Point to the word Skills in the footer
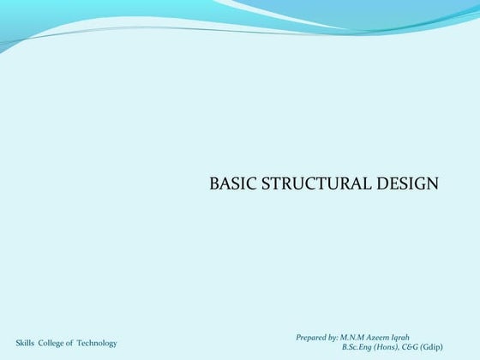click(26, 343)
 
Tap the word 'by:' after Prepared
click(333, 337)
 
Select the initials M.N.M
click(355, 337)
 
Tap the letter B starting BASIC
click(213, 184)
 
